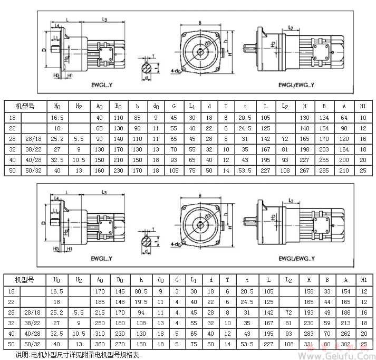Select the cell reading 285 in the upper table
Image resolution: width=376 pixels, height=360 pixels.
click(x=327, y=170)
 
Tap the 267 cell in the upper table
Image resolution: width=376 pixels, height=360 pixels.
click(x=305, y=170)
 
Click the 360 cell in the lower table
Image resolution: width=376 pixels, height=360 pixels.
click(x=100, y=344)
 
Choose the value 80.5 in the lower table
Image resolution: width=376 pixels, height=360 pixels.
click(x=140, y=290)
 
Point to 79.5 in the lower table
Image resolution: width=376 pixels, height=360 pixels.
click(x=140, y=301)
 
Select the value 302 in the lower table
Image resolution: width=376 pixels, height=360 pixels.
click(x=345, y=344)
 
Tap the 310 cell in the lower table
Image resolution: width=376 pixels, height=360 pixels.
click(x=100, y=334)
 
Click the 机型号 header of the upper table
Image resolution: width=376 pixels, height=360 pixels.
click(x=25, y=106)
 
